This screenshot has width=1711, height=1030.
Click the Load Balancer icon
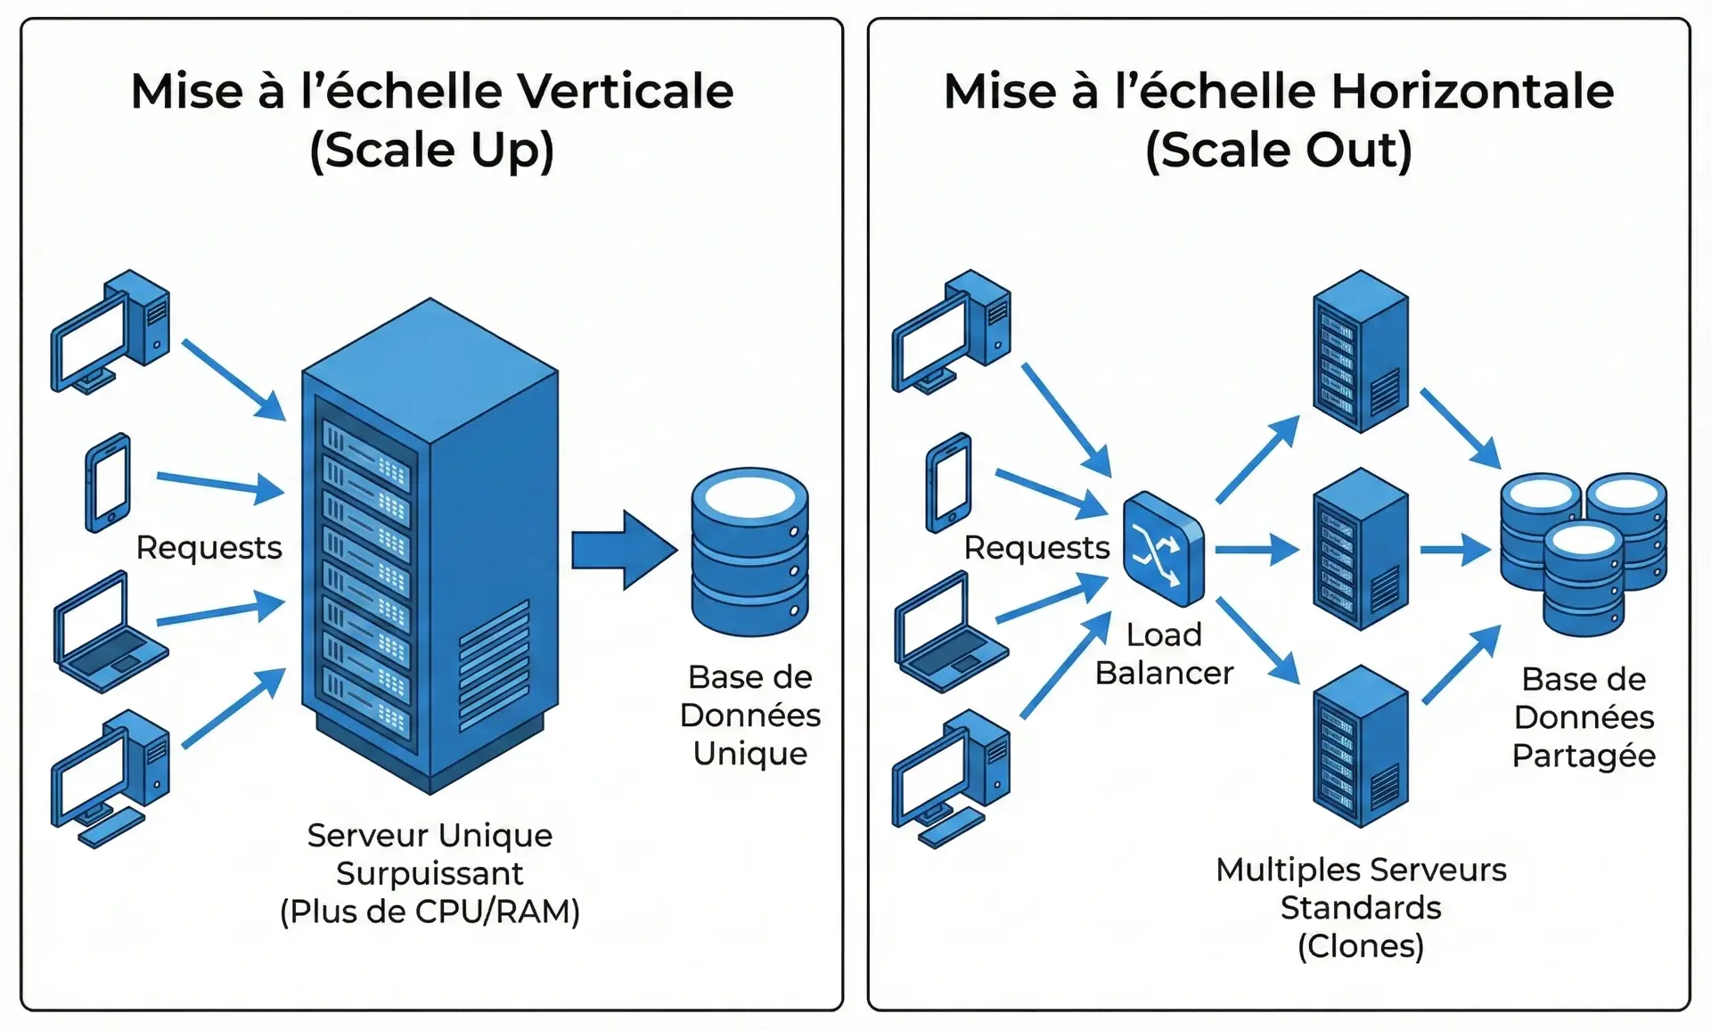pyautogui.click(x=1163, y=548)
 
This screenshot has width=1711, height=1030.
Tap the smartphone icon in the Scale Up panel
pyautogui.click(x=108, y=482)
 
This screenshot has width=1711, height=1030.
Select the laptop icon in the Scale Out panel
pyautogui.click(x=949, y=633)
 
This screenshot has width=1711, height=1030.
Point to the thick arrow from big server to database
pyautogui.click(x=624, y=550)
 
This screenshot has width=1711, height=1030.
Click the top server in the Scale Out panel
pyautogui.click(x=1360, y=352)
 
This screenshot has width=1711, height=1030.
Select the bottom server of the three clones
pyautogui.click(x=1360, y=747)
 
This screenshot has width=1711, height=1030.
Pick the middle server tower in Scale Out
pyautogui.click(x=1360, y=550)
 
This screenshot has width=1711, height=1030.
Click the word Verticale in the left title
pyautogui.click(x=625, y=91)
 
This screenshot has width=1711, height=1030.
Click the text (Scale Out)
pyautogui.click(x=1278, y=149)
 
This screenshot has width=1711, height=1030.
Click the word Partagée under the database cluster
pyautogui.click(x=1583, y=756)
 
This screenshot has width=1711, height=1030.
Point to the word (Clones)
pyautogui.click(x=1360, y=945)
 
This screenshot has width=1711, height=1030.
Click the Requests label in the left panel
pyautogui.click(x=209, y=547)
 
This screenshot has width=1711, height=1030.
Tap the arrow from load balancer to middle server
pyautogui.click(x=1257, y=550)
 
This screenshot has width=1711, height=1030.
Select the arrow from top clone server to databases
pyautogui.click(x=1460, y=428)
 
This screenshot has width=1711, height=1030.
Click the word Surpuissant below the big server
pyautogui.click(x=430, y=873)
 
